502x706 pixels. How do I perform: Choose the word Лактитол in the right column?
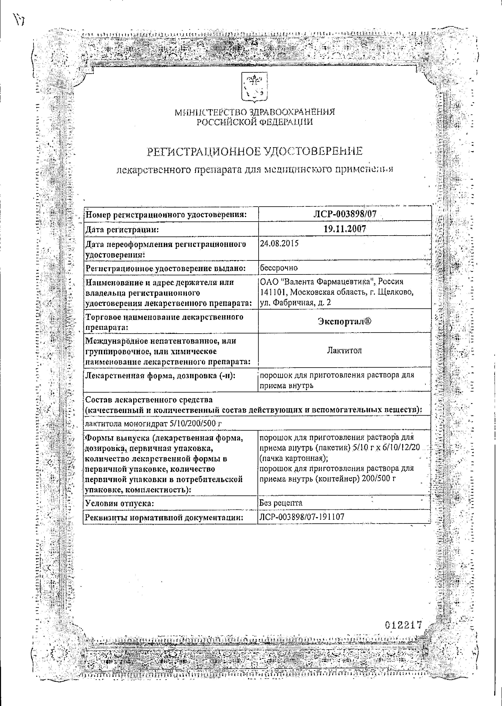(344, 350)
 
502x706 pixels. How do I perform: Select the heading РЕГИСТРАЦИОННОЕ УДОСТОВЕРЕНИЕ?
(254, 151)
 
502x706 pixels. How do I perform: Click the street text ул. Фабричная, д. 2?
(296, 303)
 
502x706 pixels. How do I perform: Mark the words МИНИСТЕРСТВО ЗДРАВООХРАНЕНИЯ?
(255, 112)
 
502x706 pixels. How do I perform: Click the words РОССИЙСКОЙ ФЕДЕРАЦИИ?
(255, 122)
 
